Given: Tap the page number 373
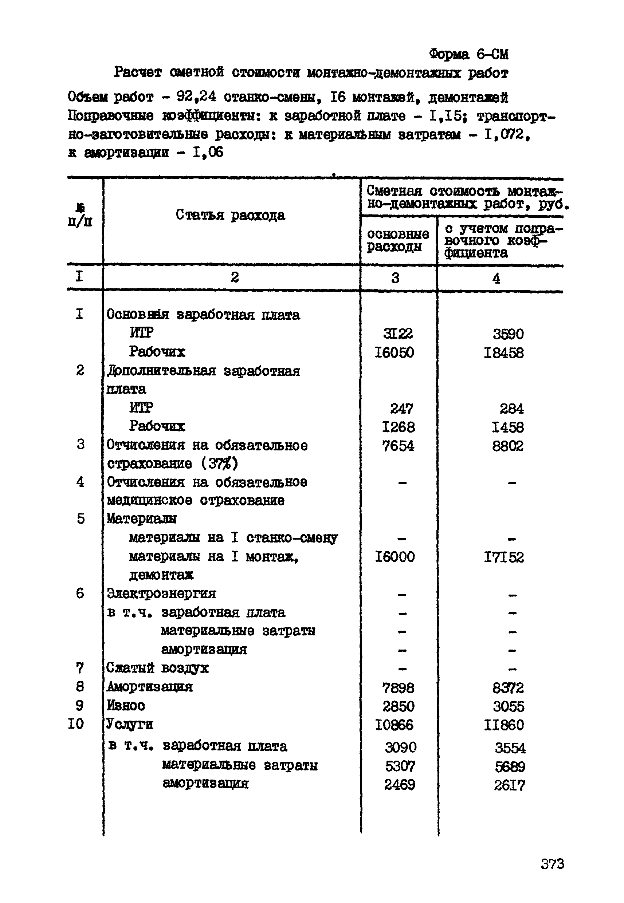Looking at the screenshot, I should tap(553, 864).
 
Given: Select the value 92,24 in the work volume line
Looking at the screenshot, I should tap(196, 96).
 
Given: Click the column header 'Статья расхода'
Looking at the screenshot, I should tap(230, 215).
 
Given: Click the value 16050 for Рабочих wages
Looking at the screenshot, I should tap(394, 352).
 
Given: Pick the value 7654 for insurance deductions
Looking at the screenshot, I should tap(398, 446).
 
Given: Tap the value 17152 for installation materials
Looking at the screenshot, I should tap(504, 557).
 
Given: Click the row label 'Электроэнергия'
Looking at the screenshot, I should tap(161, 594).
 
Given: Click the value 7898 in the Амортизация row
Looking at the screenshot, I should tap(398, 688).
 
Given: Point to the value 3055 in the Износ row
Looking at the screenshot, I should tap(508, 706).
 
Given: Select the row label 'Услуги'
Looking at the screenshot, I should tap(129, 725).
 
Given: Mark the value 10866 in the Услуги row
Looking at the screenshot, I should tap(394, 725).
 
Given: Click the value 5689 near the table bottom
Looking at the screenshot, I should tap(510, 766).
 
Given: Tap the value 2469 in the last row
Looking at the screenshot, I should tap(400, 785).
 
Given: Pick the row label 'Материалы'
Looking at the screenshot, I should tap(142, 519).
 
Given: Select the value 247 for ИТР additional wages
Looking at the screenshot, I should tap(401, 409).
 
